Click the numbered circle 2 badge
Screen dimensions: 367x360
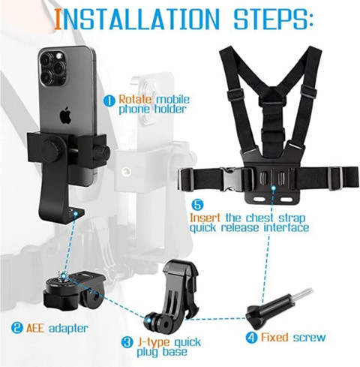coord(16,327)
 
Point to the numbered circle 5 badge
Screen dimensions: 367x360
coord(196,203)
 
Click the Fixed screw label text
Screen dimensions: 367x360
coord(297,338)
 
